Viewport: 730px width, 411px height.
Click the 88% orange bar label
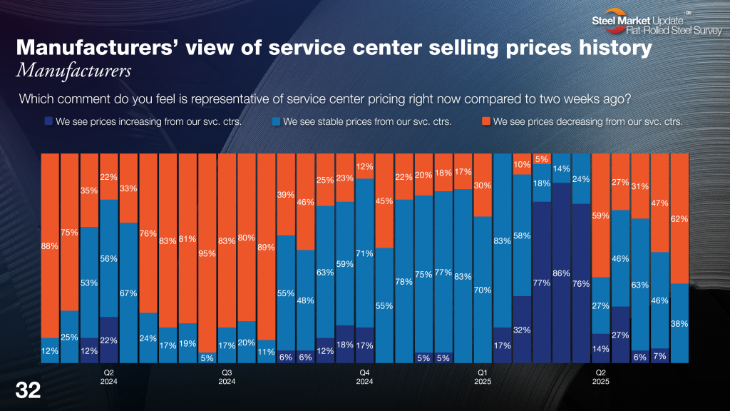point(49,246)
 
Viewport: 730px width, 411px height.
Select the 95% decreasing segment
point(207,252)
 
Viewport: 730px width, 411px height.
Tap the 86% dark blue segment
point(561,273)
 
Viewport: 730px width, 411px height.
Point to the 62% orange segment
point(679,219)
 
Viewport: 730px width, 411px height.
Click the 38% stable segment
point(679,323)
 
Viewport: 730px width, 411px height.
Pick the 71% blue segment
point(365,253)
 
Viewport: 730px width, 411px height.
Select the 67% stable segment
point(128,293)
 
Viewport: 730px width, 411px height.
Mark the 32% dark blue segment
point(522,330)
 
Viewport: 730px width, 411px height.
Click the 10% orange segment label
point(522,166)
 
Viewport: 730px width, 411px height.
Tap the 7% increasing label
point(659,355)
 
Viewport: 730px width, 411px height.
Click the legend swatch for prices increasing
point(48,121)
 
